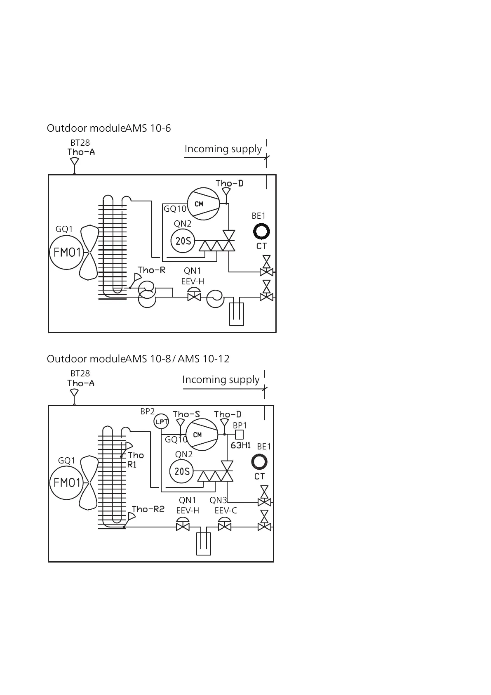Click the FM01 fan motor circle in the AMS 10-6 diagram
[66, 252]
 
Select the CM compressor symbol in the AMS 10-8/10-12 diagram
[202, 435]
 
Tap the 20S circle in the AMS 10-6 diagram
[183, 241]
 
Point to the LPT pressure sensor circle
[161, 421]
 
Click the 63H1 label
[241, 445]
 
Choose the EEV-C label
[226, 511]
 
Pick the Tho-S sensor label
[186, 414]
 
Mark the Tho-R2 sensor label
[148, 509]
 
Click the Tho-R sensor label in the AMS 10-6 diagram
[152, 270]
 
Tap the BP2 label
[147, 411]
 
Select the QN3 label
[218, 500]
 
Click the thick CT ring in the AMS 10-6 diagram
[261, 232]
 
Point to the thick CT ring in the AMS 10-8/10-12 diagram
[259, 462]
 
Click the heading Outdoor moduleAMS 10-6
[109, 128]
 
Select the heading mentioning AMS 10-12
[138, 359]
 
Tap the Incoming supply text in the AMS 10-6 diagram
[223, 149]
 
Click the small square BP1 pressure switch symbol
[239, 435]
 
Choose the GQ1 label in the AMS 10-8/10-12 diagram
[66, 460]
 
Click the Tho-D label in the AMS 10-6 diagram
[229, 183]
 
